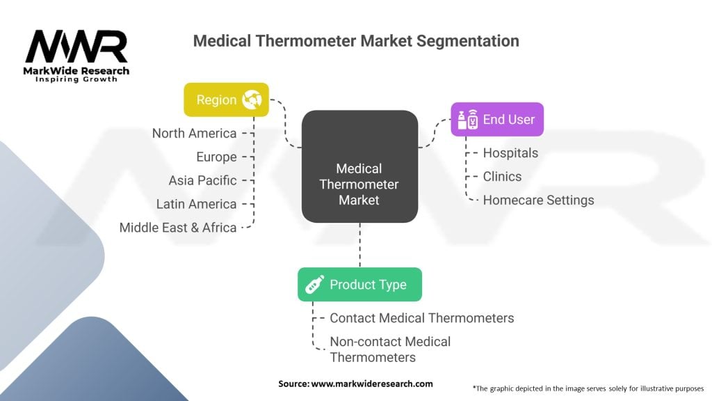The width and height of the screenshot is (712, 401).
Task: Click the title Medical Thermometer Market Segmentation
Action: pyautogui.click(x=356, y=41)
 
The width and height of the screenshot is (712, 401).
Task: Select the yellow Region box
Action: pyautogui.click(x=225, y=100)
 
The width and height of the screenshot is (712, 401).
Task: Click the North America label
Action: pyautogui.click(x=195, y=133)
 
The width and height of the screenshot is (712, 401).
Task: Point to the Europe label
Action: pyautogui.click(x=216, y=157)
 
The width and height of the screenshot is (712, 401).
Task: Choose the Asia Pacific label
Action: pyautogui.click(x=202, y=180)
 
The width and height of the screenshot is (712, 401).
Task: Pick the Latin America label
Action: pyautogui.click(x=197, y=204)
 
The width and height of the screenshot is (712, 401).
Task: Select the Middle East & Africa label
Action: pyautogui.click(x=178, y=228)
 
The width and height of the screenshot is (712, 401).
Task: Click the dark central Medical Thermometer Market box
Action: pyautogui.click(x=359, y=167)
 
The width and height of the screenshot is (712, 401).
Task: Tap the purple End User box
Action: pyautogui.click(x=496, y=119)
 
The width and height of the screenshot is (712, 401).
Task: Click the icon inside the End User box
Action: pyautogui.click(x=467, y=119)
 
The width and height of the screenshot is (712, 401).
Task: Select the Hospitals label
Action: pyautogui.click(x=510, y=152)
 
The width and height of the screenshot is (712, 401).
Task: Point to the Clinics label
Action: pyautogui.click(x=502, y=176)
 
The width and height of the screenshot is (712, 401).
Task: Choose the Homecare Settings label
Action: pyautogui.click(x=538, y=200)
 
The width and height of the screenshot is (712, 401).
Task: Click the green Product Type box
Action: pyautogui.click(x=359, y=284)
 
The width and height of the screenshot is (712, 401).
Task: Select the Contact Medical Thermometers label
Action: pyautogui.click(x=421, y=318)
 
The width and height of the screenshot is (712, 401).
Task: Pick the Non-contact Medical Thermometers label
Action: pyautogui.click(x=389, y=349)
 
